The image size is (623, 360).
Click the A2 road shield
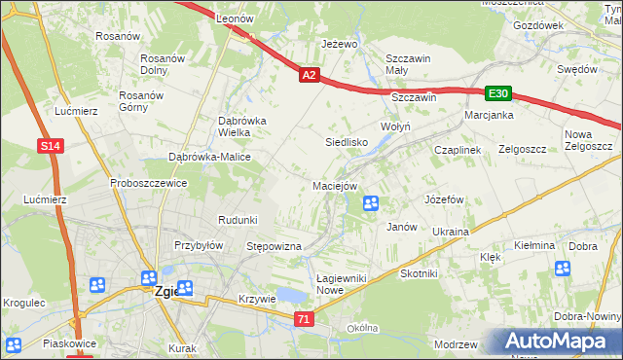309,74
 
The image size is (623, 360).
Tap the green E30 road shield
498,93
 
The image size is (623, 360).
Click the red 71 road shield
306,318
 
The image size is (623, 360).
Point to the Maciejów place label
336,186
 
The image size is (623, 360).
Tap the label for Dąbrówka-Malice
210,157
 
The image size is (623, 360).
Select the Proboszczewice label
148,183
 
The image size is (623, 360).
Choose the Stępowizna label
275,247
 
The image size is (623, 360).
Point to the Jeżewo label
341,45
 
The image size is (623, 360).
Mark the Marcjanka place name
489,115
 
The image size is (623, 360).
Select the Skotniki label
419,274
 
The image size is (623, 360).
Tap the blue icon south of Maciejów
371,203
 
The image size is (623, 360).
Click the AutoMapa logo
557,342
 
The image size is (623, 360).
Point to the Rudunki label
238,219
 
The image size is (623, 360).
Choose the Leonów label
235,18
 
